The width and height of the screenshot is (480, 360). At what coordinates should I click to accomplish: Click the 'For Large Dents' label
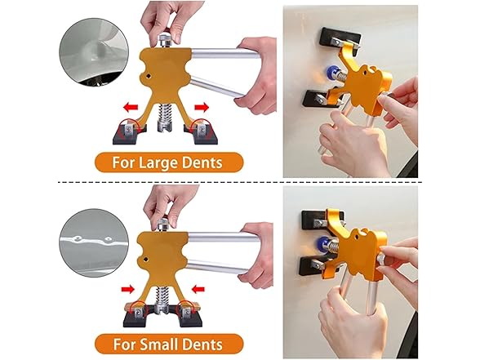coord(169,162)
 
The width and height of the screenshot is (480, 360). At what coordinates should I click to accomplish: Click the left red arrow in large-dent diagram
coord(129,105)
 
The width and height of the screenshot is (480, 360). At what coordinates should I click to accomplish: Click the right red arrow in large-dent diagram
coord(200,105)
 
